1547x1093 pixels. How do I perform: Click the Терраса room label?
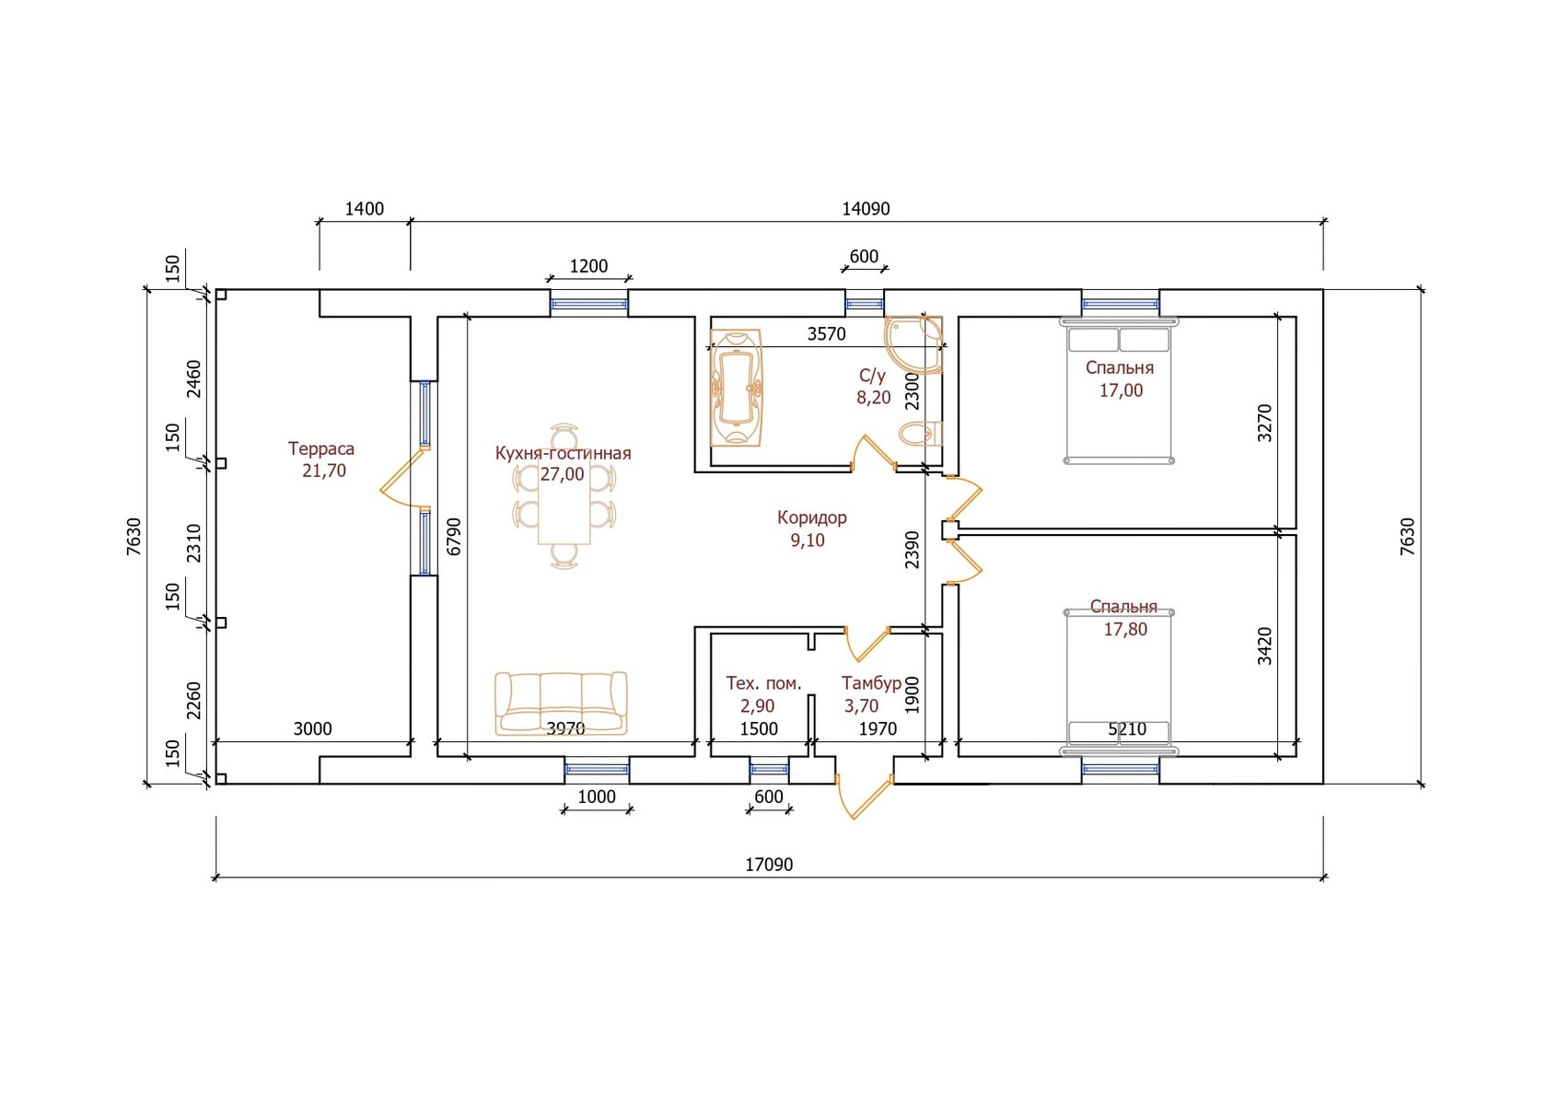321,448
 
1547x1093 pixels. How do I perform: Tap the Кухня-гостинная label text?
563,454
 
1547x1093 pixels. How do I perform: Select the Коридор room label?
811,517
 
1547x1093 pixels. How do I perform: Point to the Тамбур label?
871,683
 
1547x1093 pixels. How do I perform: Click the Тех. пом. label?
764,683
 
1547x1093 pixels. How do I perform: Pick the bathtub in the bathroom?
737,388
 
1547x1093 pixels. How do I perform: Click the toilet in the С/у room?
920,435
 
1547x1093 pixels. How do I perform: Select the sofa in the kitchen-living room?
561,703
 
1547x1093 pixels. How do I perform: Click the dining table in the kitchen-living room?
564,498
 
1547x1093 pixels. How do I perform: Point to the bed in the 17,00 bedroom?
1119,390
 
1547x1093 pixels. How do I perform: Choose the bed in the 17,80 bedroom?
1119,683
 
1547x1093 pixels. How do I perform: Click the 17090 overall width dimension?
769,865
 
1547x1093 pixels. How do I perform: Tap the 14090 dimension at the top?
866,208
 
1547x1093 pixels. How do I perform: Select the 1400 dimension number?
364,208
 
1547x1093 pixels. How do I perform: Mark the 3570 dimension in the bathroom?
826,334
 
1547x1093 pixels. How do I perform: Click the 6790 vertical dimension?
454,537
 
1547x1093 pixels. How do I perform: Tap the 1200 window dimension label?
588,266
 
